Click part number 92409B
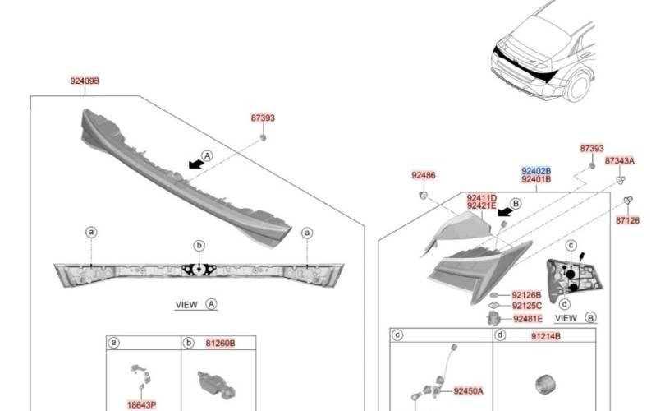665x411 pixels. click(85, 81)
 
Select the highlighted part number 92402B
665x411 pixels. click(536, 169)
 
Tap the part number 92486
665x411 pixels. click(424, 175)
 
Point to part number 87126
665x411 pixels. click(627, 220)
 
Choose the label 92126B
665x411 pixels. click(526, 294)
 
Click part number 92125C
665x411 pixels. click(526, 306)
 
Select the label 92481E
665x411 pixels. click(527, 319)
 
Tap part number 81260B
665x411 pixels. click(220, 343)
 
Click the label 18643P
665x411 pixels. click(141, 404)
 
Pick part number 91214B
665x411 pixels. click(545, 336)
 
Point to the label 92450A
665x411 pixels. click(468, 391)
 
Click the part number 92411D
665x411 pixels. click(482, 198)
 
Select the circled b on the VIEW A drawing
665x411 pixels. click(198, 245)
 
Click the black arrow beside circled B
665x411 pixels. click(504, 212)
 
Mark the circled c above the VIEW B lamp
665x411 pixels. click(572, 245)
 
